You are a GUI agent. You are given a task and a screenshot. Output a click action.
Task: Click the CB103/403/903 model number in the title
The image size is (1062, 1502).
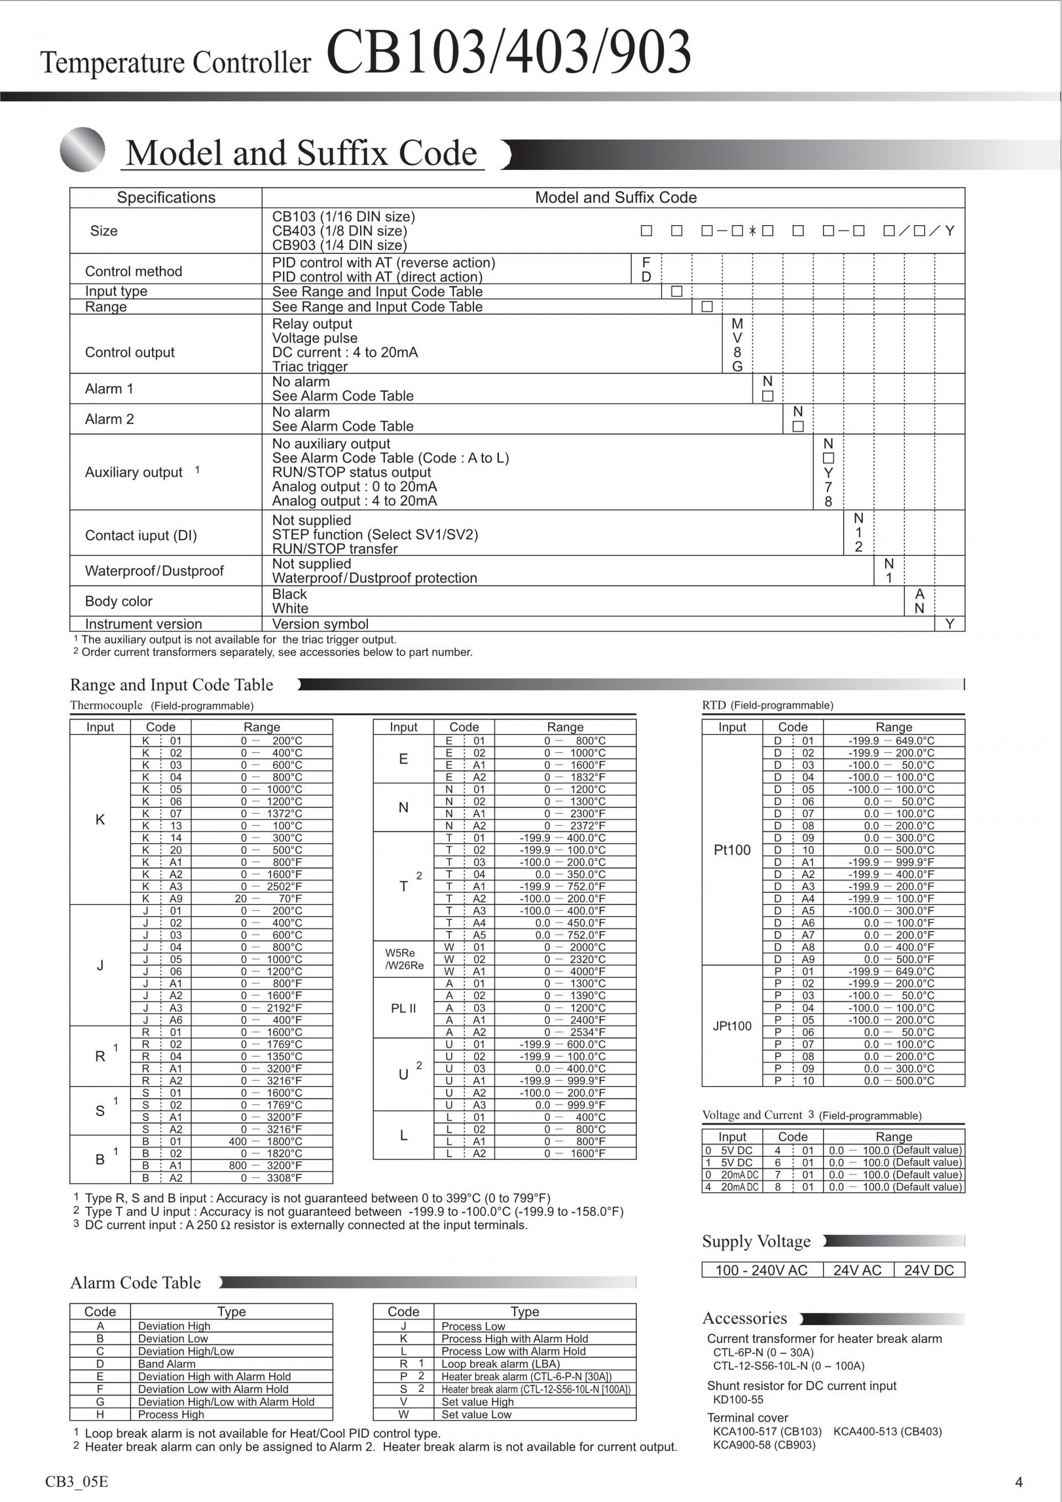[x=508, y=53]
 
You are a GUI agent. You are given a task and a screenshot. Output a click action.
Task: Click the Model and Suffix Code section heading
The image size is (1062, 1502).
[x=301, y=153]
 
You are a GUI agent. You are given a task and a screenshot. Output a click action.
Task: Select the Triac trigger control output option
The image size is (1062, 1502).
[x=309, y=366]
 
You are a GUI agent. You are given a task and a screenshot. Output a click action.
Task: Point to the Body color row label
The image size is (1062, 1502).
[x=118, y=601]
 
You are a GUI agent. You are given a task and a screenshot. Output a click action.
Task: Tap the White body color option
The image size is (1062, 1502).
[x=290, y=609]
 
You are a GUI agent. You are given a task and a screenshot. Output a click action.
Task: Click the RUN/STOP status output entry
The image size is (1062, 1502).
[x=351, y=472]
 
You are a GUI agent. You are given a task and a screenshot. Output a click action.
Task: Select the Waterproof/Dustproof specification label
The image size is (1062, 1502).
[x=154, y=571]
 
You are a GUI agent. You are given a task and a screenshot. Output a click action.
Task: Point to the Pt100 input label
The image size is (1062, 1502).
[x=732, y=850]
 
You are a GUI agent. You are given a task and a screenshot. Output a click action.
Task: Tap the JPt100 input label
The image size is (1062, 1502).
[x=732, y=1026]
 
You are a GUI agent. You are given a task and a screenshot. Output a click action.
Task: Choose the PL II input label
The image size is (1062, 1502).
[x=403, y=1008]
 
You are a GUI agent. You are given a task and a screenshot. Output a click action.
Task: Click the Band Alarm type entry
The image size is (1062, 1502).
[x=166, y=1364]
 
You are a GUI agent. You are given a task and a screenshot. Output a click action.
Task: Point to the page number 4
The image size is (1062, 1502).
[x=1018, y=1482]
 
